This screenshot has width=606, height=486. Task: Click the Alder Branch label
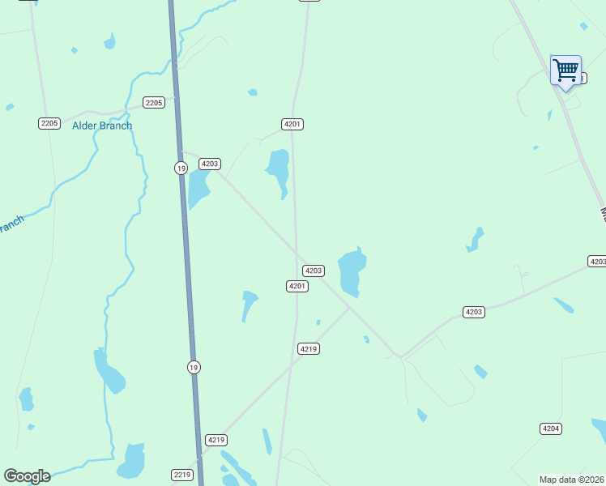(x=102, y=126)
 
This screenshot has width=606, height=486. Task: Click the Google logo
(x=27, y=476)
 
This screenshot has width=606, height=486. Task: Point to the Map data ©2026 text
(x=572, y=480)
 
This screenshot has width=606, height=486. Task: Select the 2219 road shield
(x=182, y=475)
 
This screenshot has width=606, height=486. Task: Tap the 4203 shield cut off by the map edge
(x=597, y=261)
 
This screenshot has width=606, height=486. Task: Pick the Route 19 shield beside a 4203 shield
(x=180, y=167)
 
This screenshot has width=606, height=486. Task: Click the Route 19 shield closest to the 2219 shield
(x=193, y=367)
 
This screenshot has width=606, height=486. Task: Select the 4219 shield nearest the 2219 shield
(x=216, y=440)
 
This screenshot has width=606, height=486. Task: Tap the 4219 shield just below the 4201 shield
(x=308, y=348)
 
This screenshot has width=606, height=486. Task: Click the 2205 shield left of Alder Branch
(x=49, y=123)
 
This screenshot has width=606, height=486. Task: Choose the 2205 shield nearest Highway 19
(x=154, y=102)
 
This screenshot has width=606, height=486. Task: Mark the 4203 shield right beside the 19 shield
(x=210, y=164)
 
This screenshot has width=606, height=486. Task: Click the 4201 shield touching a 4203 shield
(x=297, y=286)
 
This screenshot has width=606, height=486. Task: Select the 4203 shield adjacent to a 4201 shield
(x=314, y=271)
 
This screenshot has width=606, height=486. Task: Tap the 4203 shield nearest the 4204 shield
(x=474, y=312)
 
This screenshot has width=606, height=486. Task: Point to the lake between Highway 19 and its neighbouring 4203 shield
(x=198, y=190)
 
